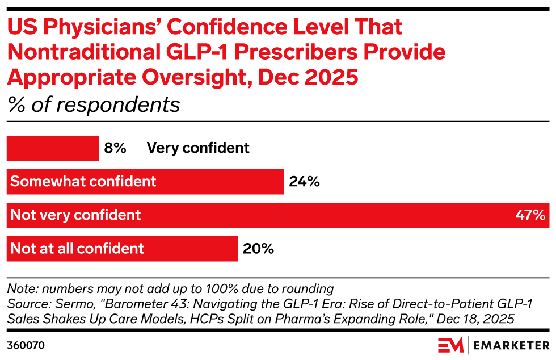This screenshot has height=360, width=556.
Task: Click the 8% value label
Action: (115, 148)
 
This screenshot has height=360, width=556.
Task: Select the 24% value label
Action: (304, 182)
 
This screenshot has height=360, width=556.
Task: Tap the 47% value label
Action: (531, 215)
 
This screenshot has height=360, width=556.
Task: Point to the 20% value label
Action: (258, 249)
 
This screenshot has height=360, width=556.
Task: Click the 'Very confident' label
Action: (198, 148)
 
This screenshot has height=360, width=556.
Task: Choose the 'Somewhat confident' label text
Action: (83, 182)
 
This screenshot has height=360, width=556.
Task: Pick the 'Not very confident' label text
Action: (76, 215)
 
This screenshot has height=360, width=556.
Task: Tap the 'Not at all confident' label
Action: (78, 249)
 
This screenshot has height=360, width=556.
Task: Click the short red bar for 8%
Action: (53, 148)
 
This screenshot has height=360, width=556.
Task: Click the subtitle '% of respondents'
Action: (93, 105)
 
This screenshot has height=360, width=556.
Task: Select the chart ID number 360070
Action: (26, 345)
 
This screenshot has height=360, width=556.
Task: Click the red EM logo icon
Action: (450, 345)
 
